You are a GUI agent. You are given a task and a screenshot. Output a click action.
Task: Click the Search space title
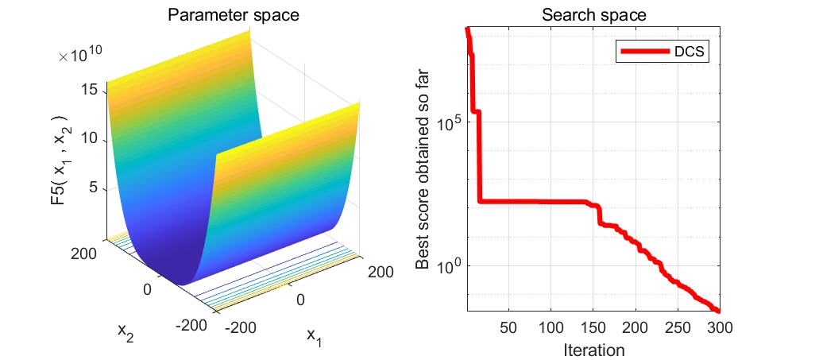click(593, 15)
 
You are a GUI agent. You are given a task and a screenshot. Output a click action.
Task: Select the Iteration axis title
click(593, 349)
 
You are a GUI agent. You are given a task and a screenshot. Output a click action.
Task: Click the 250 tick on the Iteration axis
click(678, 327)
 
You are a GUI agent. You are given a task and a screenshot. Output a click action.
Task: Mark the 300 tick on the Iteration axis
click(720, 327)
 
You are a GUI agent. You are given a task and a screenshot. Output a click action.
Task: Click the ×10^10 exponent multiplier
click(79, 55)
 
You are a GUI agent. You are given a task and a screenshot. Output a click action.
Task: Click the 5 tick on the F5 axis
click(95, 188)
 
